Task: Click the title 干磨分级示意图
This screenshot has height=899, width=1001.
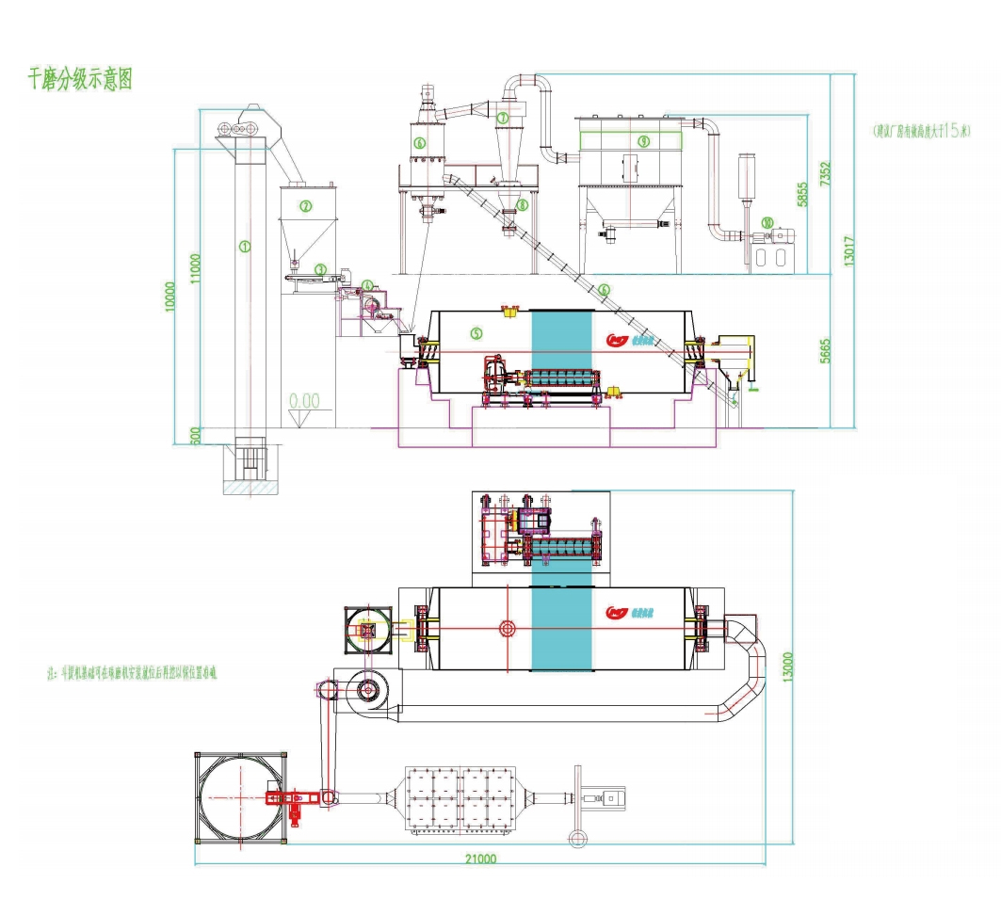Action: coord(80,79)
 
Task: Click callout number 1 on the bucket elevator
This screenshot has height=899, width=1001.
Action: coord(245,247)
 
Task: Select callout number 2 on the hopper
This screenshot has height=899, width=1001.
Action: coord(305,205)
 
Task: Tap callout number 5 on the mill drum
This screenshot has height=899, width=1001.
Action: coord(476,332)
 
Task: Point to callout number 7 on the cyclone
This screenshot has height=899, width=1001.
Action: coord(504,119)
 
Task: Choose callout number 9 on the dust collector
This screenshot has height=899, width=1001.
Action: coord(643,141)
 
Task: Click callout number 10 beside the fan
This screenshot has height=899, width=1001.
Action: coord(767,223)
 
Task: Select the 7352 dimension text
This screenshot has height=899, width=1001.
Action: coord(825,172)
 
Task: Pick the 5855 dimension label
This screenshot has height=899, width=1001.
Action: coord(802,193)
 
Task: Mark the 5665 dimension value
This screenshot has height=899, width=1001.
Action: coord(825,350)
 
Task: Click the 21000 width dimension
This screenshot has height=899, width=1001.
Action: coord(479,859)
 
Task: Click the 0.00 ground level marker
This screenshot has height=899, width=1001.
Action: coord(304,401)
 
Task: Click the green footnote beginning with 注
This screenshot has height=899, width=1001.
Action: coord(132,674)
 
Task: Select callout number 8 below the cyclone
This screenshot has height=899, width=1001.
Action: coord(522,203)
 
